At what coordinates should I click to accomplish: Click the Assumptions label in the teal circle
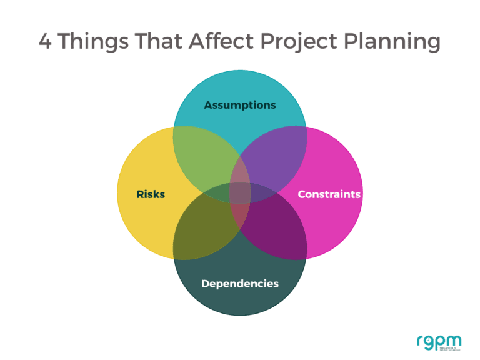(x=240, y=105)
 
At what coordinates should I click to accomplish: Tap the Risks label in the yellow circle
(x=151, y=194)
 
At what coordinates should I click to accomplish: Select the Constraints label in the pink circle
(x=329, y=194)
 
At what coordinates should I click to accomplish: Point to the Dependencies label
(x=240, y=284)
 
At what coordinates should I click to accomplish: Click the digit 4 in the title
(x=46, y=42)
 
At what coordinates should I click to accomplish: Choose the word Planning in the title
(x=393, y=42)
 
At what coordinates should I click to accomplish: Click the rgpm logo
(x=439, y=342)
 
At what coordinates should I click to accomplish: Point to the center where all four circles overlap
(x=240, y=193)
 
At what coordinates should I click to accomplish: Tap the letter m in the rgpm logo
(x=454, y=341)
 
